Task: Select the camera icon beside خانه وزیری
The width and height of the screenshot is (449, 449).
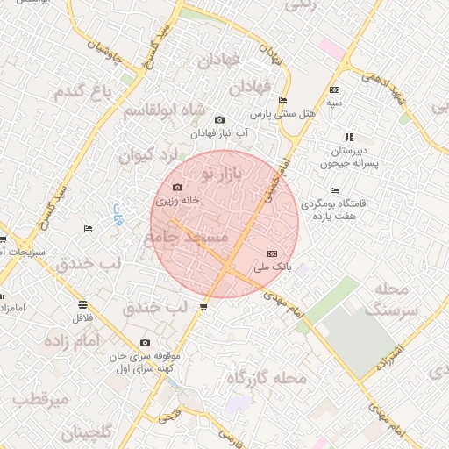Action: point(178,187)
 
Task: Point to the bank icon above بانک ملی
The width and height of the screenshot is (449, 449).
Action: point(270,253)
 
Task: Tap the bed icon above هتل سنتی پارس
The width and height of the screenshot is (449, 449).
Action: point(282,100)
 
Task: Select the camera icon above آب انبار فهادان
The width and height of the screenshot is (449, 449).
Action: point(219,120)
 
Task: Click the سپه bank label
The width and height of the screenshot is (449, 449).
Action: point(334,103)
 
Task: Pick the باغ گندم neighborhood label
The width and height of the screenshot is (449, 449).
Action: point(84,90)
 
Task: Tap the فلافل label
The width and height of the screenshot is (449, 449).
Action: point(83,317)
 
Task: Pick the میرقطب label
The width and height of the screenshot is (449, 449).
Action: point(42,401)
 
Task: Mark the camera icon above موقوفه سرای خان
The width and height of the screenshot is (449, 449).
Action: point(145,343)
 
